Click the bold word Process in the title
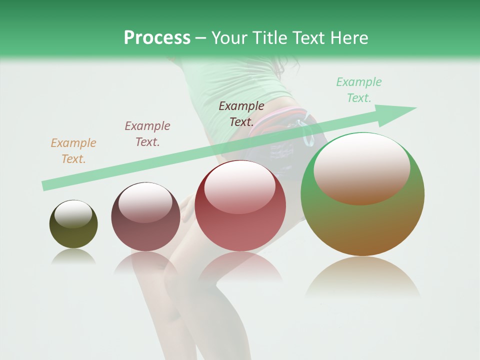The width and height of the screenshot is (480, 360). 157,37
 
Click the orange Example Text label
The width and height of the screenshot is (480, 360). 73,151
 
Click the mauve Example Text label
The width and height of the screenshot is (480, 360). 147,134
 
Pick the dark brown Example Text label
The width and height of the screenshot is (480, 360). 241,113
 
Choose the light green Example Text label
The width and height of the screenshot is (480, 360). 358,90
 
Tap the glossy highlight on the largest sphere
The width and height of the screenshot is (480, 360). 362,167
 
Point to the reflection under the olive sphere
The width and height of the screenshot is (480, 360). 73,256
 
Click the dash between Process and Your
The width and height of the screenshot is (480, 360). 201,38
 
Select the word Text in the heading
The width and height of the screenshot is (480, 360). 306,37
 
